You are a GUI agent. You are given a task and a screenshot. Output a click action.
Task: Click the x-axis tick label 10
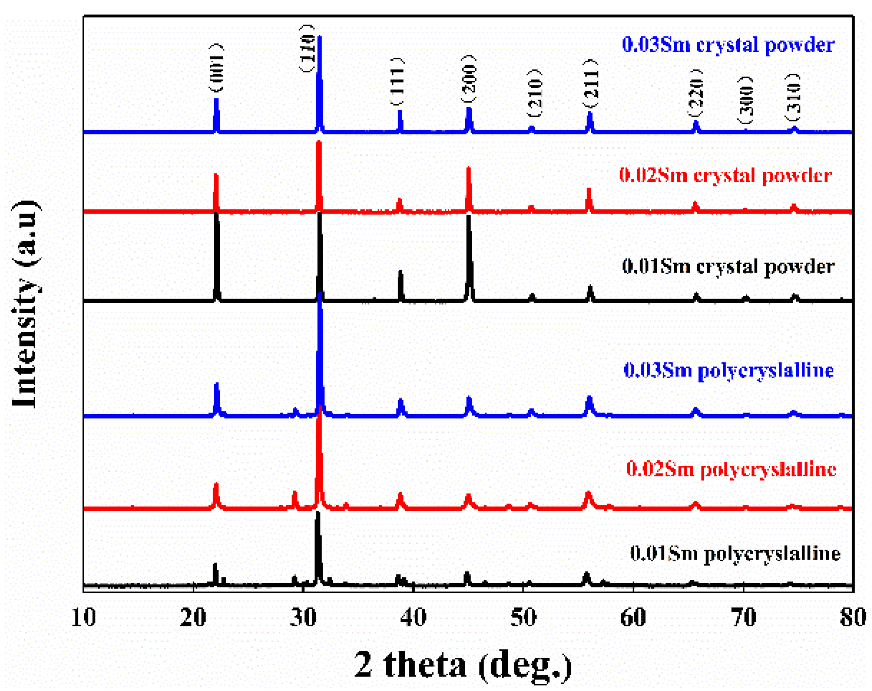[x=83, y=618]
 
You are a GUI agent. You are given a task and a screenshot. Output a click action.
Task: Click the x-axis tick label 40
[x=413, y=618]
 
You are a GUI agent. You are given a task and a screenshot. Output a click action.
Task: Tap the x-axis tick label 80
[x=852, y=618]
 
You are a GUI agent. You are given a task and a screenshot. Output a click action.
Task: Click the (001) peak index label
[x=216, y=68]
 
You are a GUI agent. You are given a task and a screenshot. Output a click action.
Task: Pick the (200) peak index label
[x=468, y=78]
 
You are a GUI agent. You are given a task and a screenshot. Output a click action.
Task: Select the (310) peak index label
[x=792, y=98]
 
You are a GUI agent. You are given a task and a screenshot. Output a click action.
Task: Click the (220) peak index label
[x=695, y=92]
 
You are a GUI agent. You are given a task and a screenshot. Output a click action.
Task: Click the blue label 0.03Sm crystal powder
[x=728, y=45]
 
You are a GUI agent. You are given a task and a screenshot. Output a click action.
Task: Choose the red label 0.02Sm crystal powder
[x=725, y=175]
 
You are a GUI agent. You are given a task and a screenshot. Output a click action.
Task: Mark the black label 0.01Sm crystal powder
[x=728, y=267]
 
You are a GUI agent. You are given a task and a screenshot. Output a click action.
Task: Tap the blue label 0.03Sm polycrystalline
[x=728, y=370]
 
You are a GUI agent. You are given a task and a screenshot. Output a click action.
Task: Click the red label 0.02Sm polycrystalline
[x=731, y=469]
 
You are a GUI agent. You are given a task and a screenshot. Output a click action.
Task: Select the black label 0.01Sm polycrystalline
[x=735, y=553]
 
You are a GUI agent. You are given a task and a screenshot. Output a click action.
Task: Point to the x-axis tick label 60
[x=633, y=618]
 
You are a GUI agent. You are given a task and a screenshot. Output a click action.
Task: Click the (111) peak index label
[x=397, y=81]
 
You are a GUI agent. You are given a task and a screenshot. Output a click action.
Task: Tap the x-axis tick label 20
[x=193, y=618]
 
